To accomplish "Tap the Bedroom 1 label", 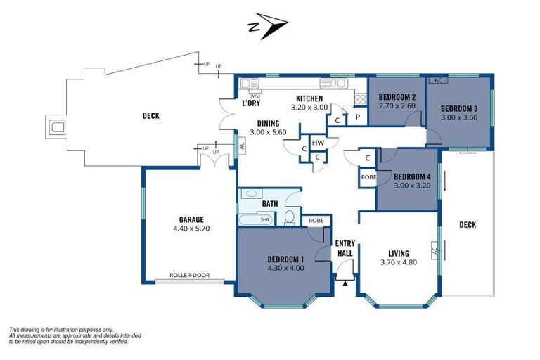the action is coord(285,259).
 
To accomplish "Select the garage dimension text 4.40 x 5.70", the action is coord(191,228).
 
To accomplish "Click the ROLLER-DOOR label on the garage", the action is coord(189,275).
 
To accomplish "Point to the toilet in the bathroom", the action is coord(290,218).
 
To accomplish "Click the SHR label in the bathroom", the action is coord(265,219).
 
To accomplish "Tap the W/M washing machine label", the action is coord(255,96).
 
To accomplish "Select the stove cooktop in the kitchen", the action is coord(361,99).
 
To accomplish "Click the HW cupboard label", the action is coord(318,143).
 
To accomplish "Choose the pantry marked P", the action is coord(358,117).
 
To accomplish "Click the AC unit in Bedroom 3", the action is coord(438,80).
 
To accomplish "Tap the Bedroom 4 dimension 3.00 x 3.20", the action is coord(412,186).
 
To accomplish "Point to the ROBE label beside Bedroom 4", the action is coord(368,177).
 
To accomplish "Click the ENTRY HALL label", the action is coord(345,248).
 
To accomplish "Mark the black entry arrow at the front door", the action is coord(345,283).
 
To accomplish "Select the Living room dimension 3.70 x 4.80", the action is coord(399,262).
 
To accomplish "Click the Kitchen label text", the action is coord(309,98).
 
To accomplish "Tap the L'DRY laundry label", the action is coord(251,103).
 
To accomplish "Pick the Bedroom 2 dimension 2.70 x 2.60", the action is coord(397,105).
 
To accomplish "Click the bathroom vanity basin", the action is coord(252,193).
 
